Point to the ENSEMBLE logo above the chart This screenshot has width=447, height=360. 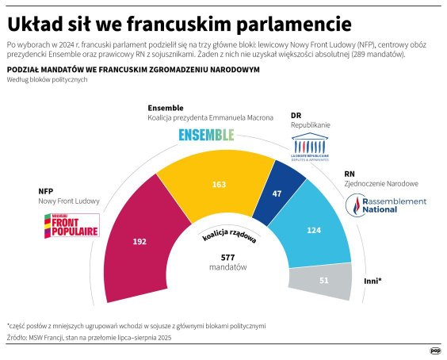click(206, 135)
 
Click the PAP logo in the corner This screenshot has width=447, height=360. click(435, 350)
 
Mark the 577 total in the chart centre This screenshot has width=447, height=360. click(228, 256)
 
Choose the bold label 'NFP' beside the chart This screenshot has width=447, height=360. click(46, 191)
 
